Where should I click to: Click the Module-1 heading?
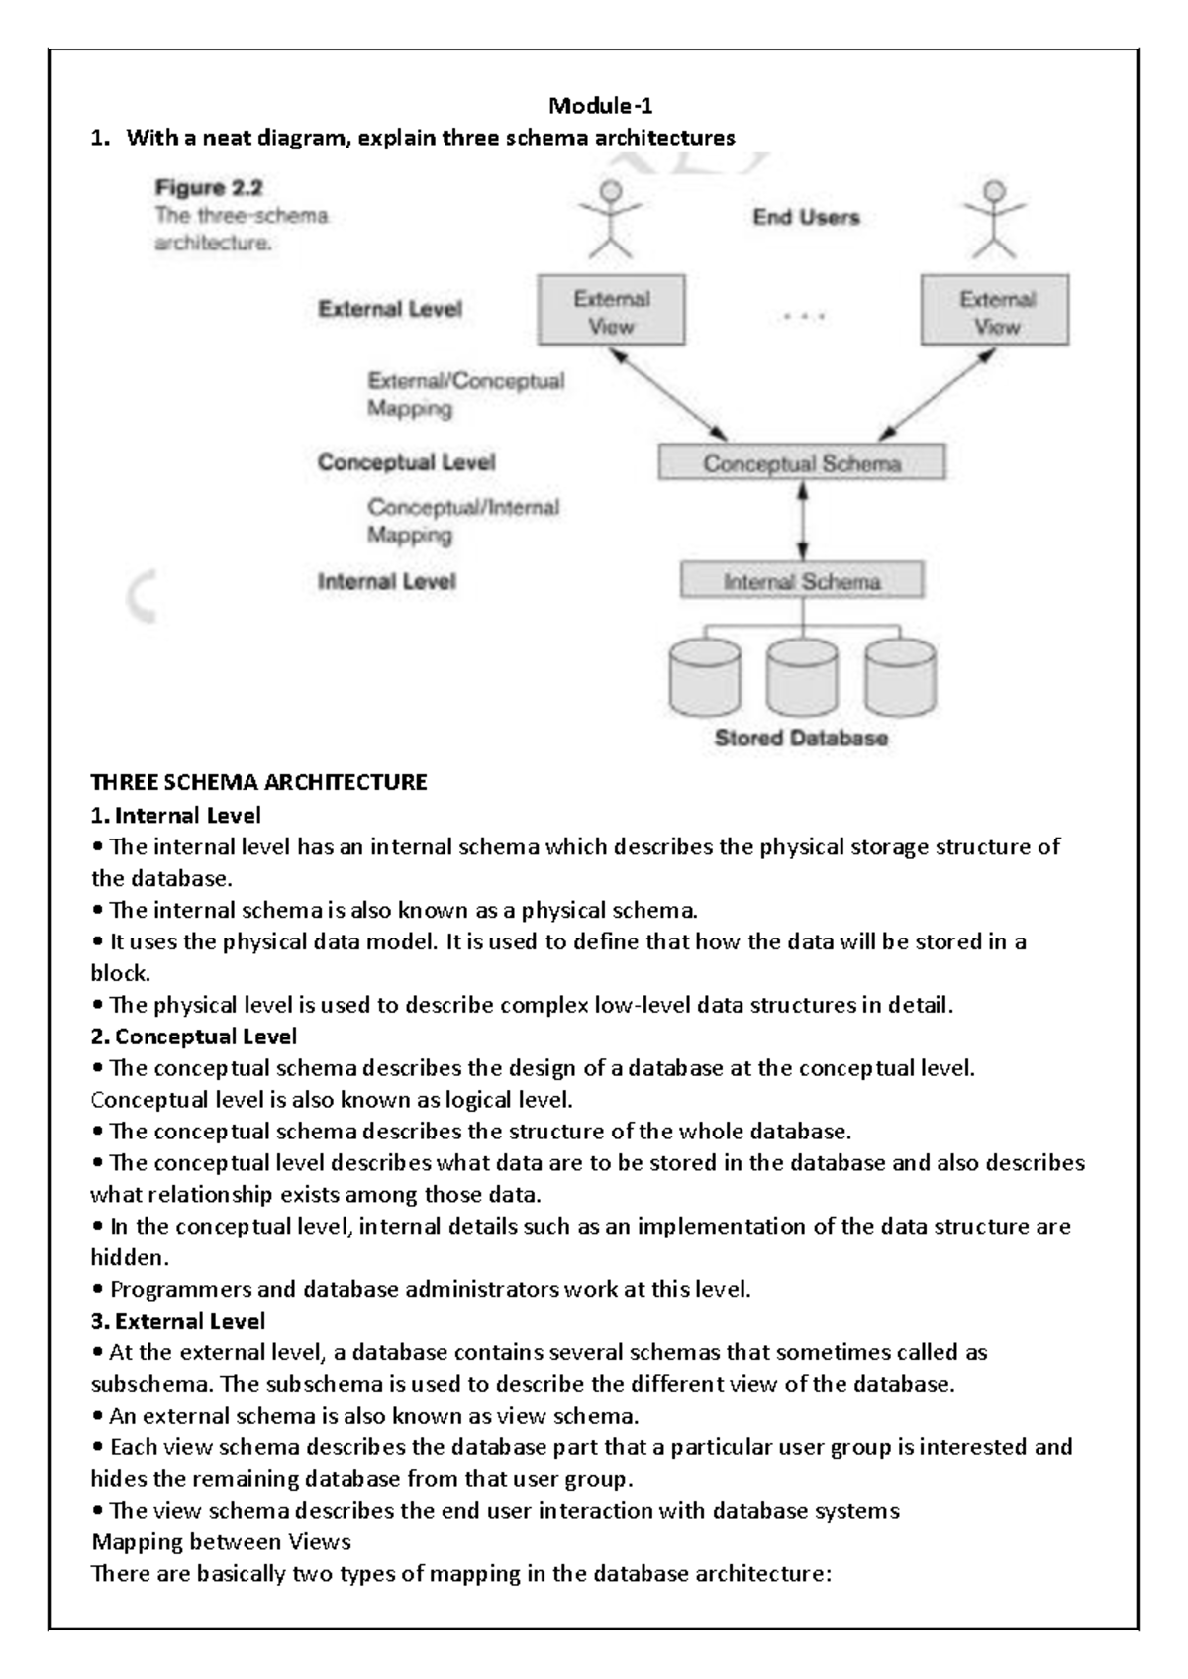pyautogui.click(x=600, y=106)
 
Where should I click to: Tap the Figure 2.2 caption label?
pyautogui.click(x=208, y=187)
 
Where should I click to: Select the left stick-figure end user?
pyautogui.click(x=612, y=220)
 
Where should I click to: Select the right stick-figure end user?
pyautogui.click(x=994, y=220)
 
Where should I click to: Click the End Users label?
pyautogui.click(x=806, y=218)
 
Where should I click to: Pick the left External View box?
pyautogui.click(x=611, y=312)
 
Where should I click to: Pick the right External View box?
pyautogui.click(x=995, y=312)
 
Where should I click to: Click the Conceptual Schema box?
pyautogui.click(x=802, y=463)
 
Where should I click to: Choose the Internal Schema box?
pyautogui.click(x=802, y=581)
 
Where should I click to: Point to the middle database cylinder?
pyautogui.click(x=802, y=677)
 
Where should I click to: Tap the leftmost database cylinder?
pyautogui.click(x=705, y=677)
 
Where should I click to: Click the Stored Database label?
pyautogui.click(x=801, y=739)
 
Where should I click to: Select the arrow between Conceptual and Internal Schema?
pyautogui.click(x=802, y=521)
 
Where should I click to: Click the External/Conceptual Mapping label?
pyautogui.click(x=465, y=394)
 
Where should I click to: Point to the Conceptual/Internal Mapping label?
pyautogui.click(x=463, y=521)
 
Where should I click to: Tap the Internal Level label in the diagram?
pyautogui.click(x=386, y=582)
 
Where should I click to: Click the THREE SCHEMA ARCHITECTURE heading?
pyautogui.click(x=258, y=783)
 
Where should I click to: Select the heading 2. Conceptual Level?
pyautogui.click(x=193, y=1037)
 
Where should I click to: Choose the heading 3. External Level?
pyautogui.click(x=178, y=1322)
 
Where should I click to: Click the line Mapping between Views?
pyautogui.click(x=221, y=1542)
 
